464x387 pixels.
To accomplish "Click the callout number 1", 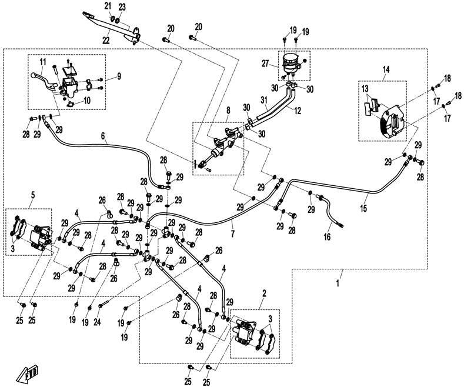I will [x=338, y=284].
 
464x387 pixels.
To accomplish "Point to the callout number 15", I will [x=363, y=209].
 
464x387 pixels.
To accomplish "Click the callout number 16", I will [x=327, y=236].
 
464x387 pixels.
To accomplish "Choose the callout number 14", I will [x=385, y=69].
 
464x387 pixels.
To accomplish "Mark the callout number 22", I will [x=106, y=39].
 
